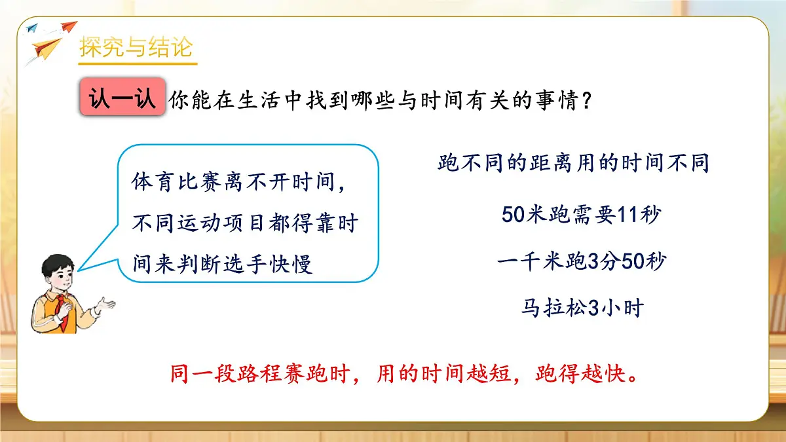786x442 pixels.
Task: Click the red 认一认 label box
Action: [x=122, y=100]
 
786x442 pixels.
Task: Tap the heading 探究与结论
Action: [x=136, y=48]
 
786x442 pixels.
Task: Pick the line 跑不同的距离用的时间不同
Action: [x=573, y=164]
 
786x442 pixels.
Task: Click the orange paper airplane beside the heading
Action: [x=47, y=49]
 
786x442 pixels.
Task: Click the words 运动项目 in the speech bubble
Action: [x=233, y=223]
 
